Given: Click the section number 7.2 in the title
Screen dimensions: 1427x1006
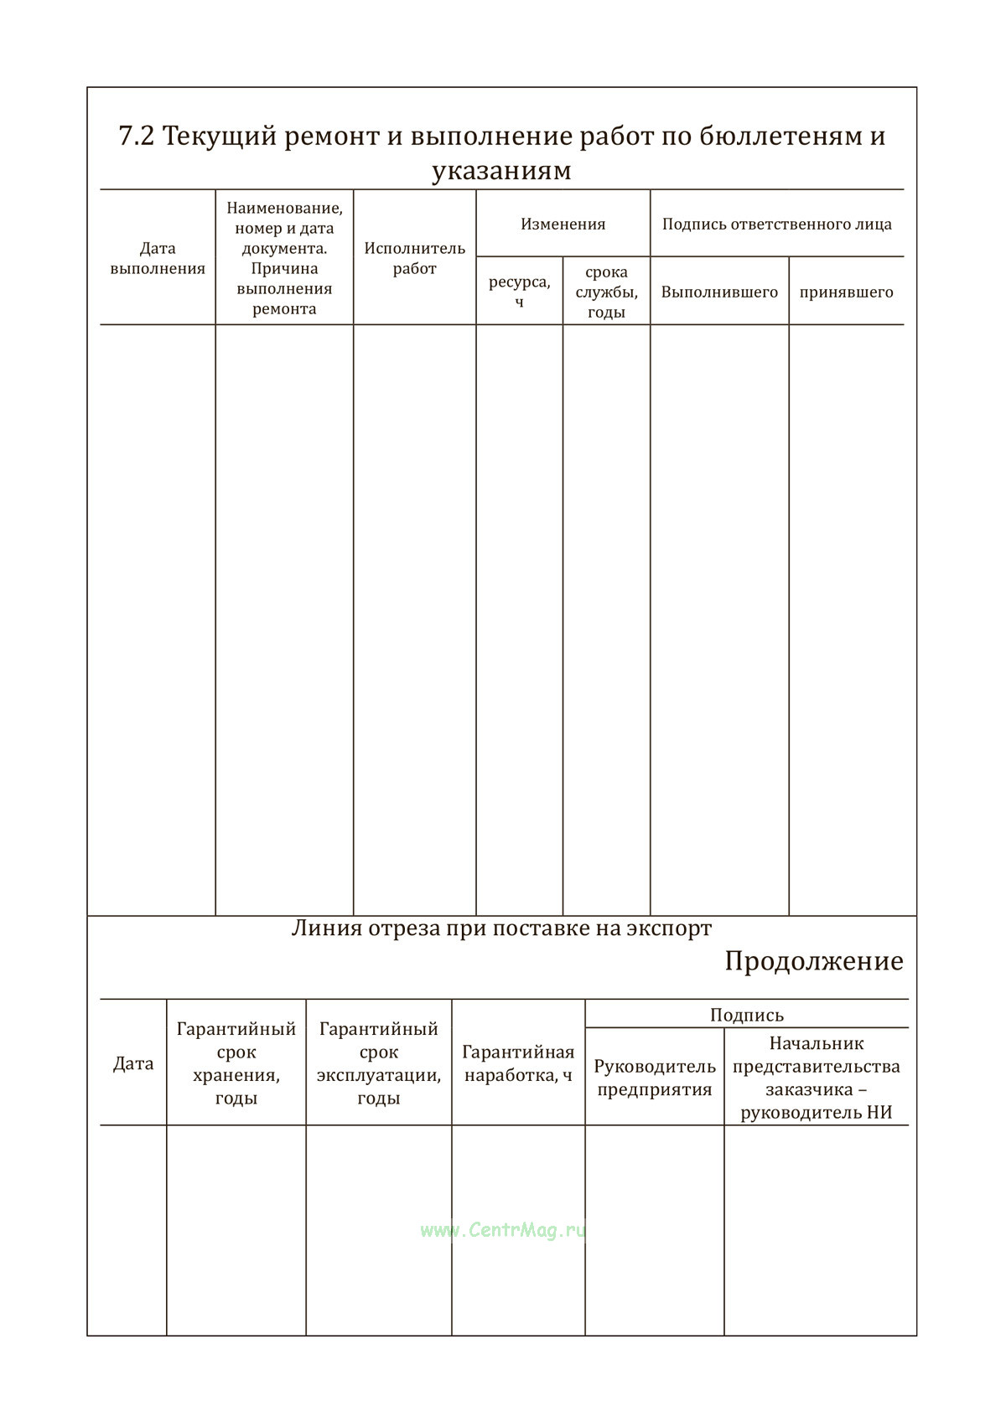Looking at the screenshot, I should [x=137, y=136].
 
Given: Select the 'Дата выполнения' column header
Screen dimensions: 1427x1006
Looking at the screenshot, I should [x=158, y=258].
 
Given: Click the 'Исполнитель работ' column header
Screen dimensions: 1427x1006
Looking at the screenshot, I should [x=415, y=258].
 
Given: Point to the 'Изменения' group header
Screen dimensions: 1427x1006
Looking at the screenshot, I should [x=563, y=224].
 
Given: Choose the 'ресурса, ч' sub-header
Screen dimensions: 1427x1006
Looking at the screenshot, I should [x=520, y=291].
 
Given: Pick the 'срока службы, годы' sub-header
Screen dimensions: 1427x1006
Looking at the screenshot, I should [x=607, y=292].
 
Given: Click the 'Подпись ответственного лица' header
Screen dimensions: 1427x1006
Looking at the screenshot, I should [x=777, y=224].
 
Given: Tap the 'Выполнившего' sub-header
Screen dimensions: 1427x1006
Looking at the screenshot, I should [x=719, y=292].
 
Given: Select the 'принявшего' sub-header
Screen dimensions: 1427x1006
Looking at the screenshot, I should [x=847, y=292].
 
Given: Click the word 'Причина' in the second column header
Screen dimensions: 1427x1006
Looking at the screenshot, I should [x=284, y=268].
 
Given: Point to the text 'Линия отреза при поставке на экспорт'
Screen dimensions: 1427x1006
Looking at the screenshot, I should [x=501, y=928].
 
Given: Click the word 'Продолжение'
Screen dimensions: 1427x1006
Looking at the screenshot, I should [x=814, y=961].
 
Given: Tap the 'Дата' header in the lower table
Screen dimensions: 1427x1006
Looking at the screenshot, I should [x=133, y=1063].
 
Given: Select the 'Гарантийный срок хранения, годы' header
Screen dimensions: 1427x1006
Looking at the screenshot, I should [x=236, y=1063].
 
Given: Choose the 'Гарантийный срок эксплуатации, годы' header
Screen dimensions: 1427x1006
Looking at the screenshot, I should [x=379, y=1063].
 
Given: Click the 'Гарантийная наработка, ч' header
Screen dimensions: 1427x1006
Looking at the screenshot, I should [x=518, y=1063].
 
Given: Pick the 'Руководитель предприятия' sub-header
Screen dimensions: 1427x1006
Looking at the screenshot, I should [x=655, y=1078].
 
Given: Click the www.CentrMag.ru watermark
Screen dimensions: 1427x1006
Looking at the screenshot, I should [x=503, y=1230].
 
